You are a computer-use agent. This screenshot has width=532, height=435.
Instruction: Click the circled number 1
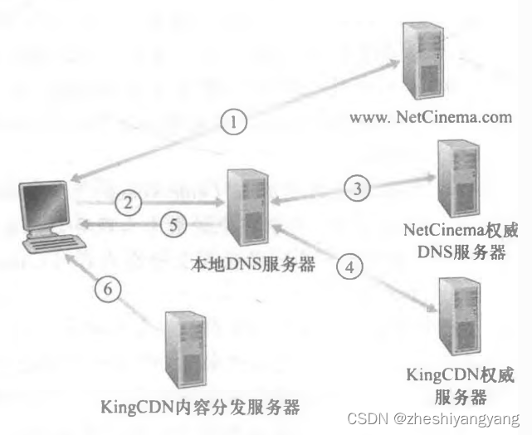click(235, 124)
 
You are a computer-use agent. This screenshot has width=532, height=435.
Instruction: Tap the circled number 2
click(129, 201)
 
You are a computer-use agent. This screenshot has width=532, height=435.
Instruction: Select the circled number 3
click(358, 188)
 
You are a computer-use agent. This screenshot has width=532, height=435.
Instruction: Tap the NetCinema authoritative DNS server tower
click(460, 178)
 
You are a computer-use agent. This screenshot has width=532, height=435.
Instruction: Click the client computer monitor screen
click(46, 203)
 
